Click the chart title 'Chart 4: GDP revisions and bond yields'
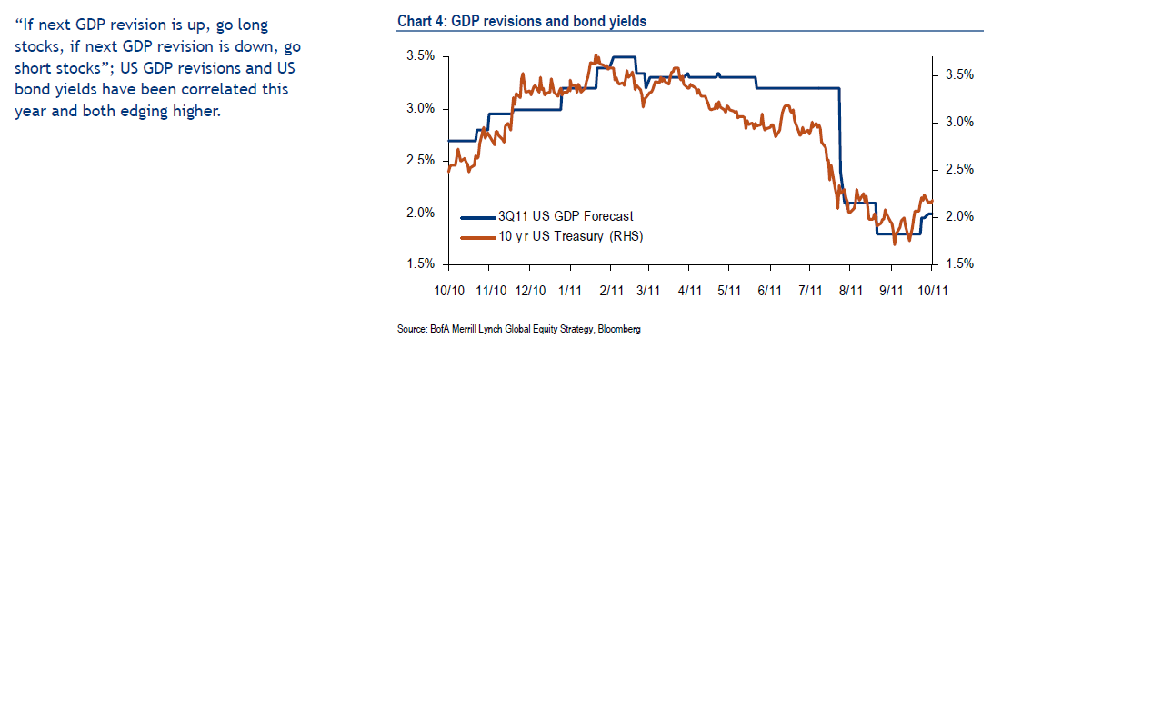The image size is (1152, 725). tap(522, 21)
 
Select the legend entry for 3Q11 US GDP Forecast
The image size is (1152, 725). tap(565, 216)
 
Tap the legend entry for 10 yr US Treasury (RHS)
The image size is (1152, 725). tap(570, 236)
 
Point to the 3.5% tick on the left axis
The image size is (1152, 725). tap(420, 56)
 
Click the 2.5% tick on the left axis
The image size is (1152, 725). tap(420, 161)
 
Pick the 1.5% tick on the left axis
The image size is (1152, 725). tap(420, 264)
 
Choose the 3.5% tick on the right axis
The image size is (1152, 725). tap(959, 75)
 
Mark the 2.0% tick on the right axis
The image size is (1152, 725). tap(959, 216)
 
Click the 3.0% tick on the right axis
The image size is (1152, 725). tap(959, 122)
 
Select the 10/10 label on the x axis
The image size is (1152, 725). tap(449, 291)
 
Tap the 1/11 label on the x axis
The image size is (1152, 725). tap(570, 291)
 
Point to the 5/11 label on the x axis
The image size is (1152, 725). tap(730, 291)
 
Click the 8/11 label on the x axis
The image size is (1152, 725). tap(850, 291)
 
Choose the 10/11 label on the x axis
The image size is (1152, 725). tap(933, 291)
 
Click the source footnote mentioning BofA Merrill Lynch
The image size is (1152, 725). tap(518, 329)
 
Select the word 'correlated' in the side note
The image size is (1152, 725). tap(194, 89)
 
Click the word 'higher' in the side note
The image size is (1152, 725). tap(195, 111)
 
